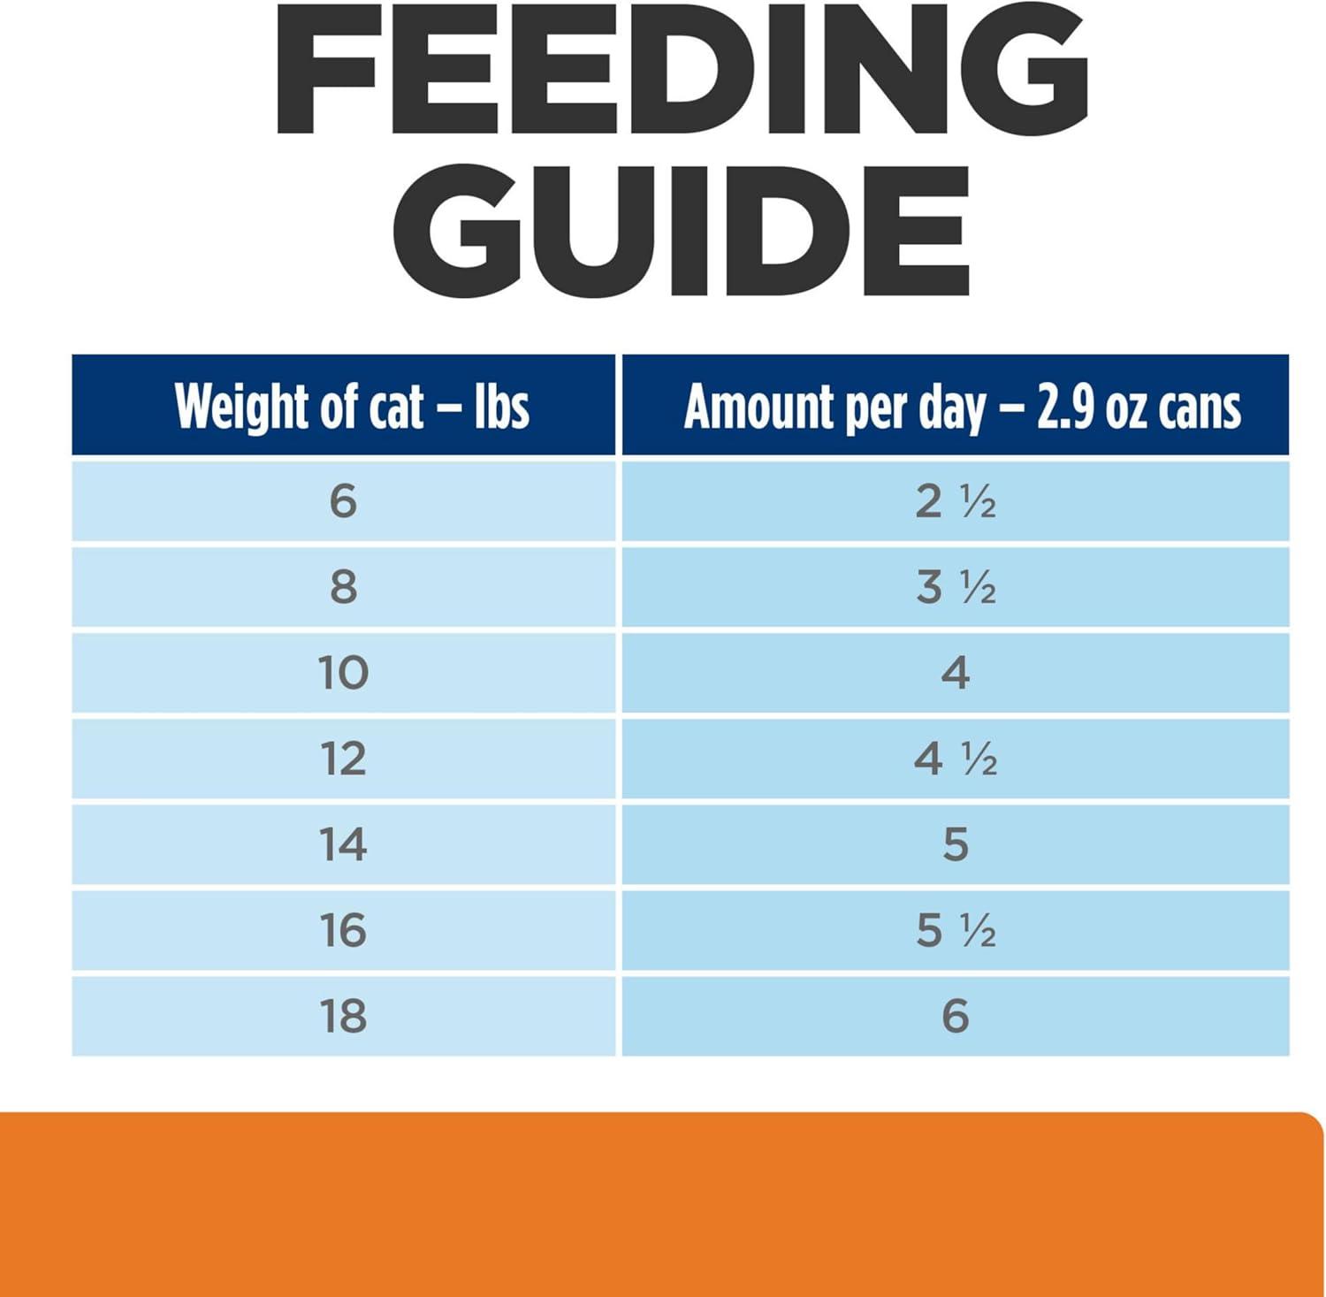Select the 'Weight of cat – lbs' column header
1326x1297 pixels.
(352, 407)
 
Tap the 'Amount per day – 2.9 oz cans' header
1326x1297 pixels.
(962, 407)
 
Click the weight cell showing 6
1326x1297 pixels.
(343, 501)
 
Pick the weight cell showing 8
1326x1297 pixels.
(343, 587)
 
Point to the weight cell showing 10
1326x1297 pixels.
(343, 673)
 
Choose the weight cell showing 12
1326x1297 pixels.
(343, 759)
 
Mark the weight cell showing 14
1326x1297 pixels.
(343, 844)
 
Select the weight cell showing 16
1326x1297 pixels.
(343, 930)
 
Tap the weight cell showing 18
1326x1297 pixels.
(343, 1016)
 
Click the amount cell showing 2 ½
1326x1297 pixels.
(955, 501)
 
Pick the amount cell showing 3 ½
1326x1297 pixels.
(955, 587)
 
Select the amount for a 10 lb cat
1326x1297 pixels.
(955, 673)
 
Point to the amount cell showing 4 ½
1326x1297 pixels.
(955, 759)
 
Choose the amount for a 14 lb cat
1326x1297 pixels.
(955, 844)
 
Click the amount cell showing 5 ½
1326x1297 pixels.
(955, 930)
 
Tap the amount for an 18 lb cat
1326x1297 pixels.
(955, 1016)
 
